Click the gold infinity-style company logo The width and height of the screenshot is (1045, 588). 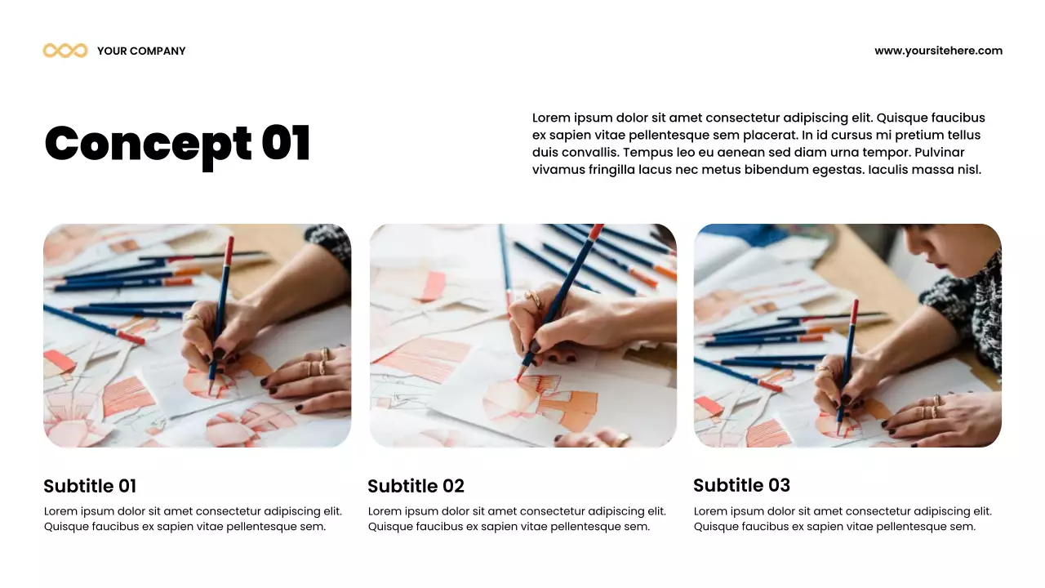[x=65, y=51]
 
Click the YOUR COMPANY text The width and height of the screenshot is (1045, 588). [x=141, y=51]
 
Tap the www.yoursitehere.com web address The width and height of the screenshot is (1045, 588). [x=938, y=51]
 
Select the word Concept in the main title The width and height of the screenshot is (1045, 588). [x=148, y=145]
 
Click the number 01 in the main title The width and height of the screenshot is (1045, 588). [x=286, y=143]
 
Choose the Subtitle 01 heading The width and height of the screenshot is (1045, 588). [x=90, y=486]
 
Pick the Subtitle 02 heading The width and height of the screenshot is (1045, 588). [x=416, y=486]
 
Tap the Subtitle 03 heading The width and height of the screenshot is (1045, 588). [x=742, y=485]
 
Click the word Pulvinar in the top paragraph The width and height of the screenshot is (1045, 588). [x=939, y=152]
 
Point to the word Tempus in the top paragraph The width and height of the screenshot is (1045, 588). [x=647, y=153]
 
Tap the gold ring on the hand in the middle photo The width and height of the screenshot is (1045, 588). [x=533, y=299]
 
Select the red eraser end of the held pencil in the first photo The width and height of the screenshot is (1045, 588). [x=229, y=252]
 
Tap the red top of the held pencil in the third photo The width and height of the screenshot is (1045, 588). [x=855, y=312]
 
